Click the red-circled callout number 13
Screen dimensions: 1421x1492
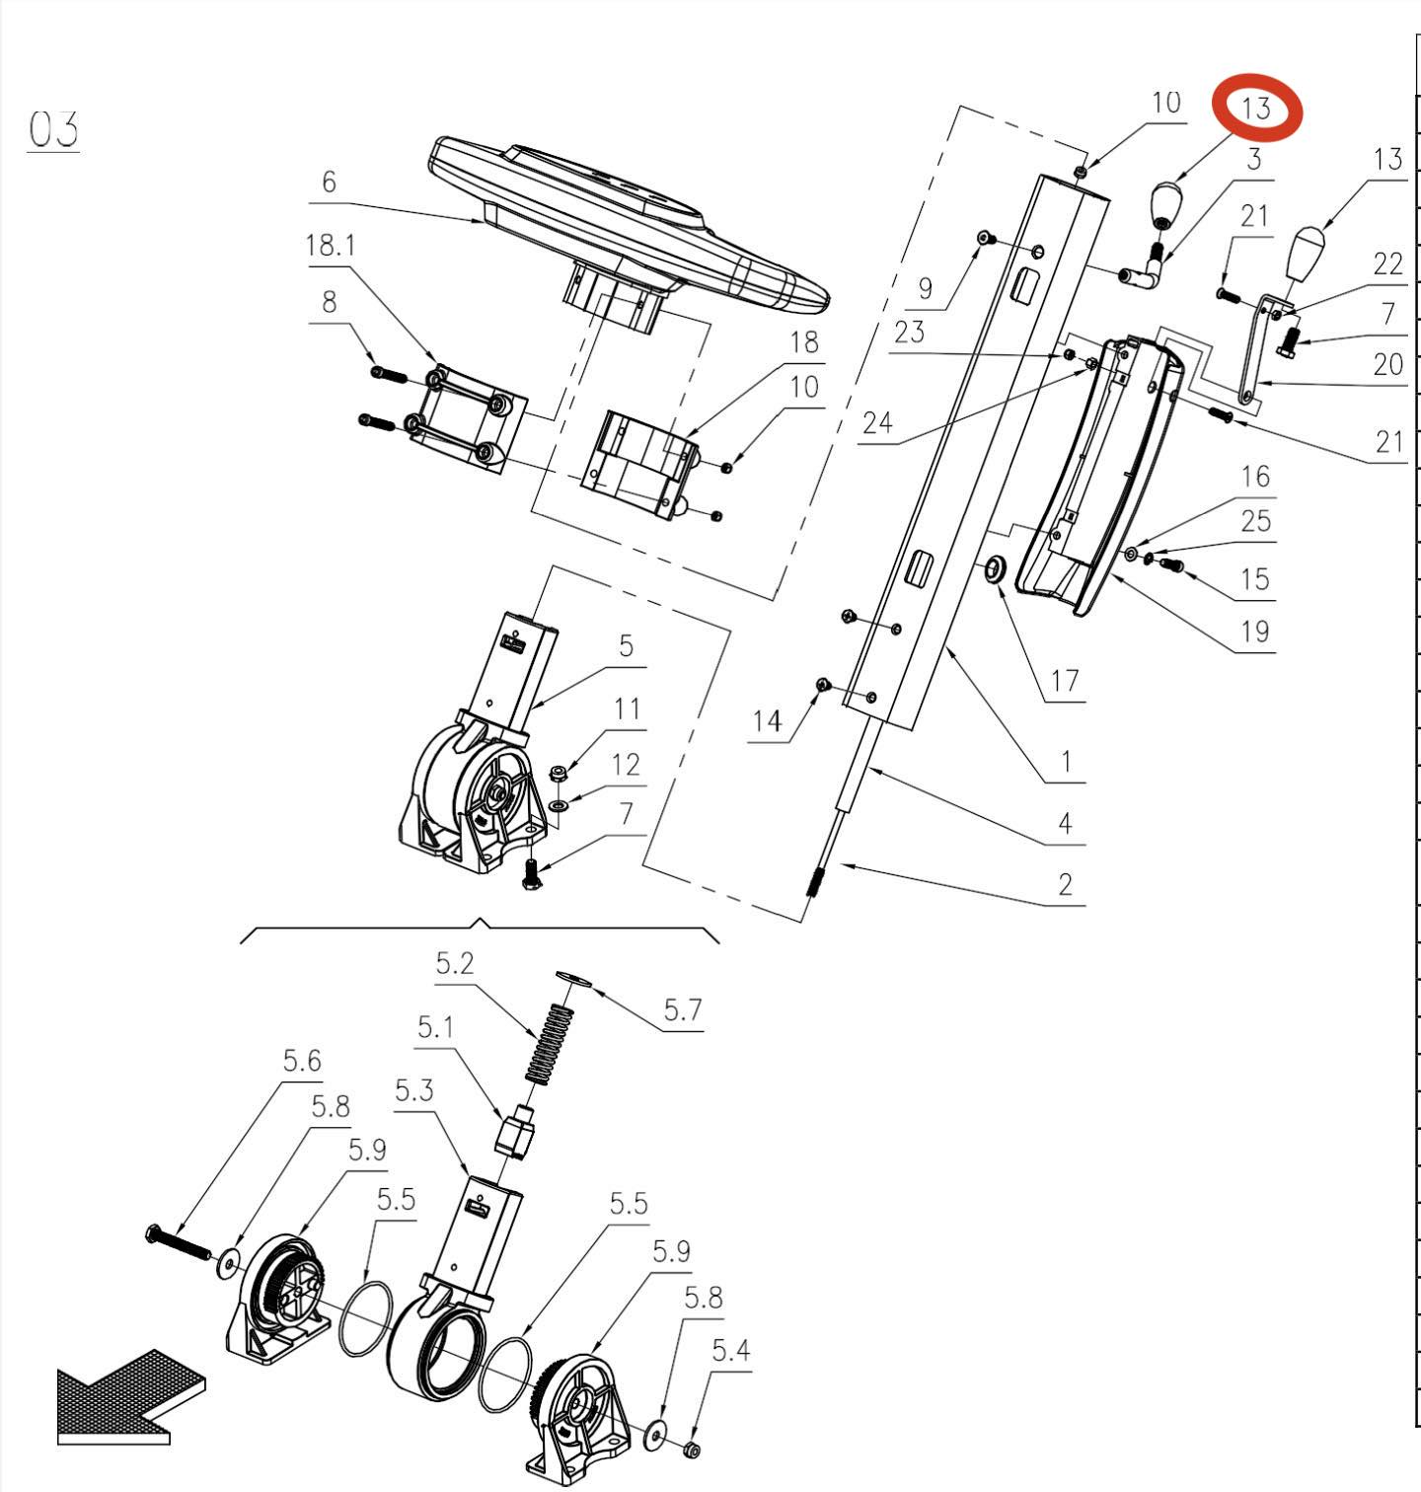tap(1256, 108)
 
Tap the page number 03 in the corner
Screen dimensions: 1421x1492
tap(53, 129)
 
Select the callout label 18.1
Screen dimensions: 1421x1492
tap(331, 245)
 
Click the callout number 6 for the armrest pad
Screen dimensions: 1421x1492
tap(329, 182)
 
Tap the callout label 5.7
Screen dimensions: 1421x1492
tap(682, 1009)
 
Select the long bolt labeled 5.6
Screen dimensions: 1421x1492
tap(178, 1241)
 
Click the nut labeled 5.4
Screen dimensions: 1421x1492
tap(692, 1449)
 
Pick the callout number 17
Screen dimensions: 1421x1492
tap(1064, 680)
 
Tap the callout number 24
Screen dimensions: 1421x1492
tap(877, 422)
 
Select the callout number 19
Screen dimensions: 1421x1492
tap(1254, 631)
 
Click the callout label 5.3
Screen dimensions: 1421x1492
tap(414, 1090)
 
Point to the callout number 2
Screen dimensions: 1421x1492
tap(1065, 883)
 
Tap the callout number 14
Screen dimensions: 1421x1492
tap(767, 721)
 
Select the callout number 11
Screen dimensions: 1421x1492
tap(627, 709)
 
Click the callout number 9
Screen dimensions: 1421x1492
tap(925, 288)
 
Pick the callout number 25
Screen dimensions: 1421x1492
tap(1255, 520)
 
